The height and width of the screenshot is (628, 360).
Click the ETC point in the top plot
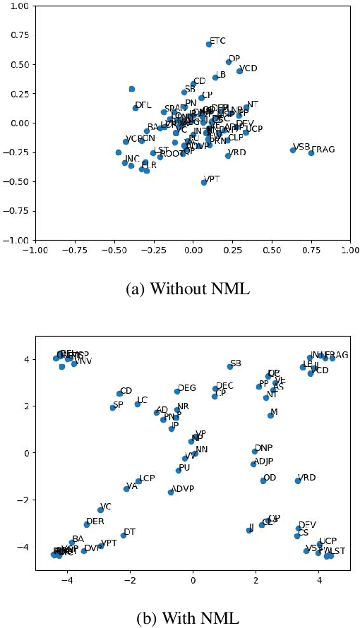point(209,44)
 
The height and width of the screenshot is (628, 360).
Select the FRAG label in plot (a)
point(323,150)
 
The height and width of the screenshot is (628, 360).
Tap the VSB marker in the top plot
point(293,150)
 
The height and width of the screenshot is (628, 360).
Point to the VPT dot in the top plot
point(204,182)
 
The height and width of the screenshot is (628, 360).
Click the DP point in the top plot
point(229,62)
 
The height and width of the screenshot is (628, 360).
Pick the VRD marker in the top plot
point(228,155)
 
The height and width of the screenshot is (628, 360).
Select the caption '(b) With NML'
point(179,617)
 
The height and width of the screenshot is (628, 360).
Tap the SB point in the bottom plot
point(230,366)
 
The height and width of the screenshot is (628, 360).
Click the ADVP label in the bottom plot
point(182,488)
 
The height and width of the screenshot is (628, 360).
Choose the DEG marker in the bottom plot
point(177,391)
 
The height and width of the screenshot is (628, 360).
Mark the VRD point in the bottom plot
point(298,481)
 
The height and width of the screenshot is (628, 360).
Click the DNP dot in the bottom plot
point(255,451)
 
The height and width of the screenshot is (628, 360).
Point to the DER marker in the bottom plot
point(87,524)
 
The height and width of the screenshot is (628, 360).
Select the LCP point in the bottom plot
point(139,481)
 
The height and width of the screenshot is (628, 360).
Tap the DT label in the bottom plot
point(129,531)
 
